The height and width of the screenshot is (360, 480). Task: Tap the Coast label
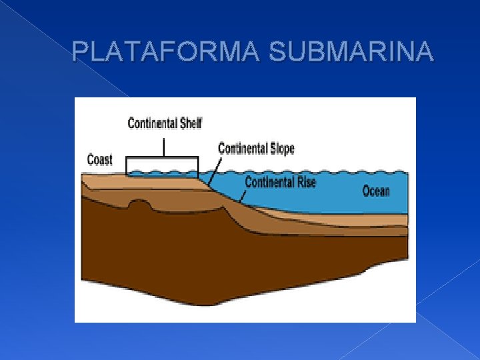(100, 160)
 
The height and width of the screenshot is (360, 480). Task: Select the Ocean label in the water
(376, 191)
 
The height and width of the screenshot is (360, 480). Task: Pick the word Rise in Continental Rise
(304, 181)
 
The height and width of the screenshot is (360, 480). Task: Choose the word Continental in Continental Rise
(268, 181)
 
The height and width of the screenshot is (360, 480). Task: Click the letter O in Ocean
(367, 191)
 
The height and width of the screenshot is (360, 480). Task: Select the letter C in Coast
(91, 160)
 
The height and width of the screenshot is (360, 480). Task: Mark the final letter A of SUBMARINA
(426, 51)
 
